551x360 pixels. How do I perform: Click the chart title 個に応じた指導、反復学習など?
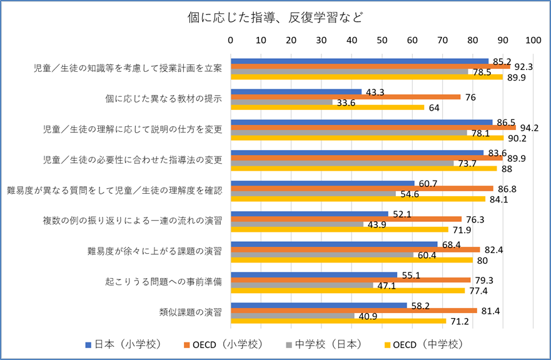pyautogui.click(x=275, y=17)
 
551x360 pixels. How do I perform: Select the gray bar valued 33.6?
pyautogui.click(x=281, y=102)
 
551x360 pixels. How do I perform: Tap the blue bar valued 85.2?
pyautogui.click(x=360, y=61)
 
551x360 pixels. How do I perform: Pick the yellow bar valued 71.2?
pyautogui.click(x=338, y=321)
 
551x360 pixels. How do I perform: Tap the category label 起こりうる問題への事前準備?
pyautogui.click(x=164, y=282)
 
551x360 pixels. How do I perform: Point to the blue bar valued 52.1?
pyautogui.click(x=310, y=214)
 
